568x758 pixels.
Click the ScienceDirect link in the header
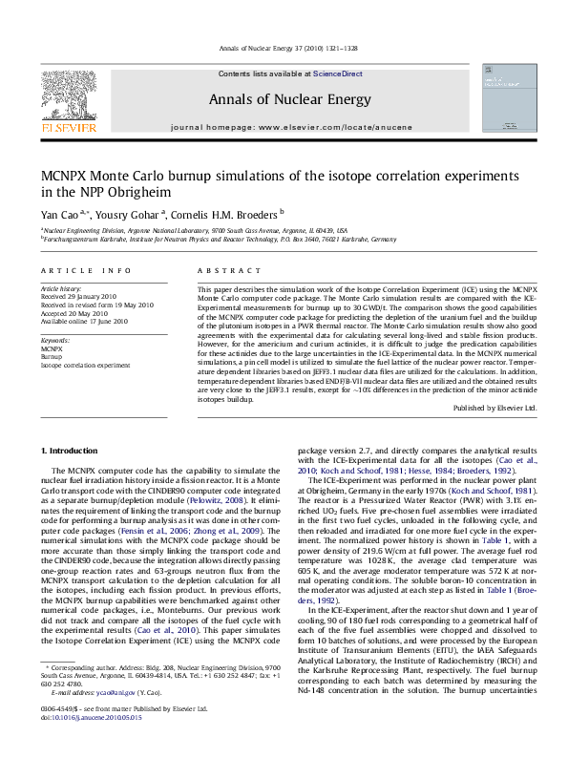point(338,74)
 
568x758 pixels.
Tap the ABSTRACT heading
point(221,271)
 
